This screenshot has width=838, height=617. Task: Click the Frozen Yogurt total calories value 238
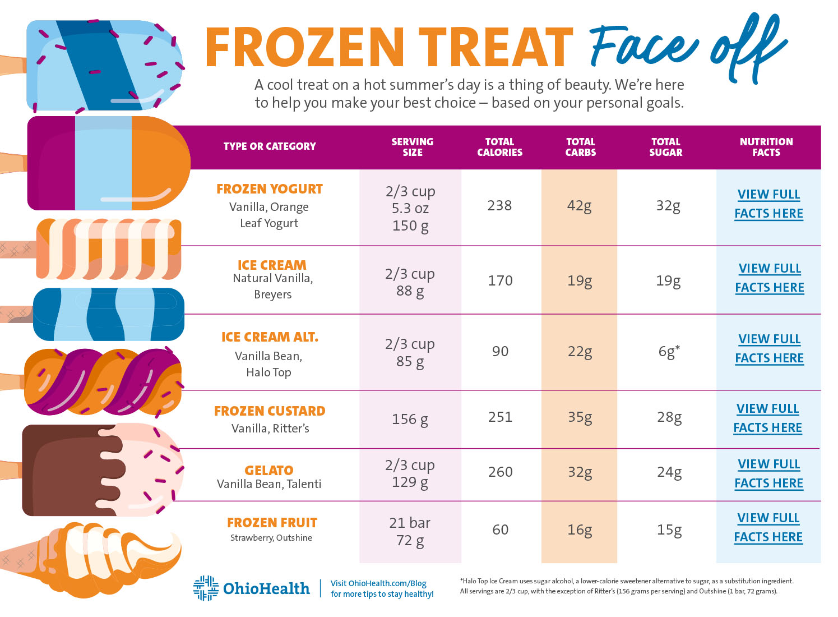(499, 205)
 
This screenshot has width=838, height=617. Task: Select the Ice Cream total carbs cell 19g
(579, 280)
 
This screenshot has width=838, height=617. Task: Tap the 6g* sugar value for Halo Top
(668, 351)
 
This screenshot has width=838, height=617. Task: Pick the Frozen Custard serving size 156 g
(410, 419)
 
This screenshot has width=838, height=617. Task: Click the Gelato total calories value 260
(500, 472)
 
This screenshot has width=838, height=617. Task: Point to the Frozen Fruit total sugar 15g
(669, 529)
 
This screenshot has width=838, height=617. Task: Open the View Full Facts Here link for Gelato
(768, 473)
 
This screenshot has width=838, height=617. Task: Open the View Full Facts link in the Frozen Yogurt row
(768, 204)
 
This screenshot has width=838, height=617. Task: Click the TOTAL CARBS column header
(580, 147)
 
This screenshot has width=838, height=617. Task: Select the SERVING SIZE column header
(412, 147)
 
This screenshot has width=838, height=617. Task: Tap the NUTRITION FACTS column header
(766, 147)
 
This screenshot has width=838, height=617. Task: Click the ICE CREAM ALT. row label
(270, 337)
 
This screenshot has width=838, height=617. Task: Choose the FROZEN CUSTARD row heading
(270, 411)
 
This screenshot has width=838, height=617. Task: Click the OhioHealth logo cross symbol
(206, 588)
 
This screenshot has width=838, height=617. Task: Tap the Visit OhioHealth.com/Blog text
(378, 583)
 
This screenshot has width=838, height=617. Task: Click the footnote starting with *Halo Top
(626, 581)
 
